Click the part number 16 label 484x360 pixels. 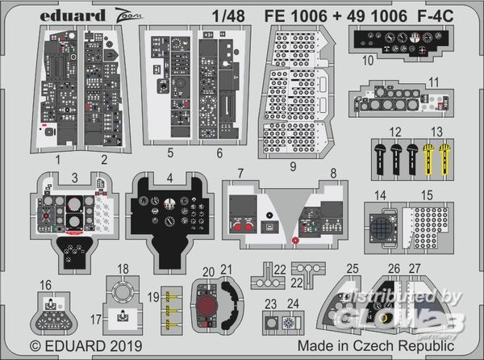(x=47, y=284)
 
